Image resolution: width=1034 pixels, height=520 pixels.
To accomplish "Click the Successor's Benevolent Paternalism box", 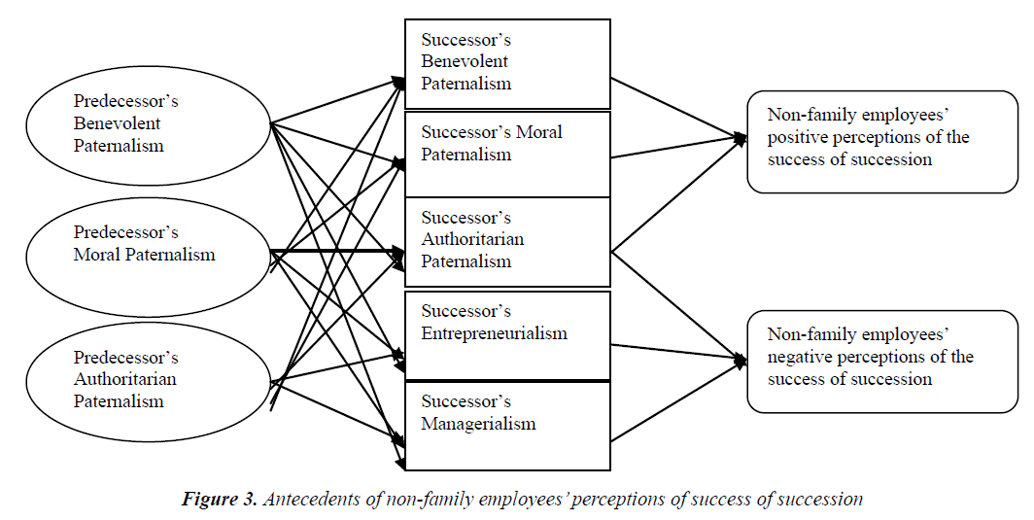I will tap(507, 63).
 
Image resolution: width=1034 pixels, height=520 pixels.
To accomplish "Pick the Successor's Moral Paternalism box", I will tap(507, 154).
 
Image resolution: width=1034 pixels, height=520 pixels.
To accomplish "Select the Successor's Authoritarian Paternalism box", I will tap(507, 241).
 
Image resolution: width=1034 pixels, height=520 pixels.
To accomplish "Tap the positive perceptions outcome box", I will tap(881, 141).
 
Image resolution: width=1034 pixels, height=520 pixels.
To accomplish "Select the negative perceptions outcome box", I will tap(881, 361).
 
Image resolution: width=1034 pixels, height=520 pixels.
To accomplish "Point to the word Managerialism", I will tap(478, 424).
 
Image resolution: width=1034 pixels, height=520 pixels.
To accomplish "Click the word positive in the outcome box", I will tap(794, 137).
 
